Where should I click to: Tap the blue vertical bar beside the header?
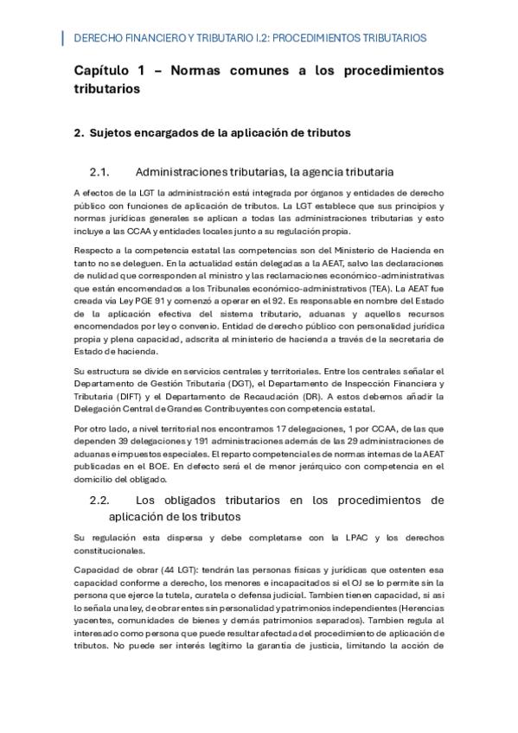point(63,38)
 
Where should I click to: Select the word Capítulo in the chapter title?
point(101,70)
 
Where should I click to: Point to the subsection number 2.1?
point(101,171)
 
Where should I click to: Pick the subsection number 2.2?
point(101,500)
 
